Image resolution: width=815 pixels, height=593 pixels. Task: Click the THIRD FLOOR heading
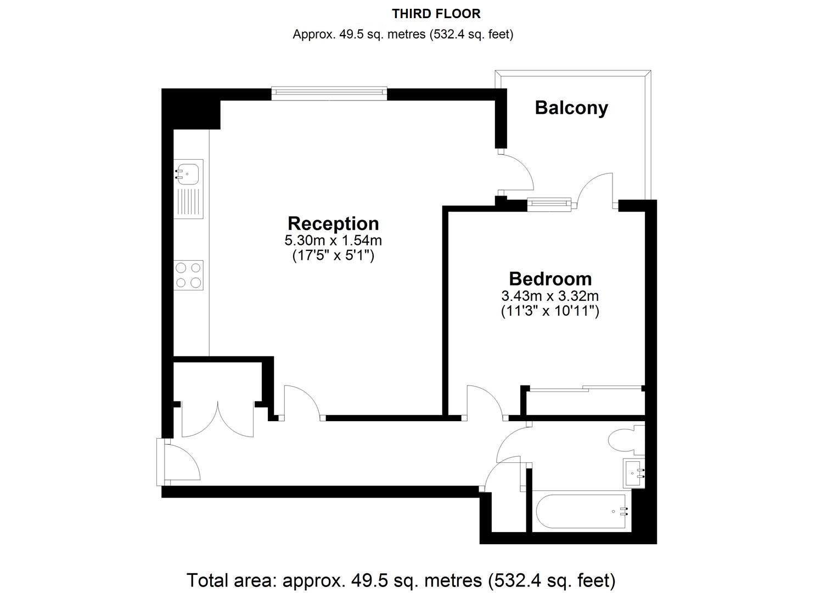(436, 14)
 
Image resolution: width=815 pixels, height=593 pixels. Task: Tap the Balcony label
(571, 108)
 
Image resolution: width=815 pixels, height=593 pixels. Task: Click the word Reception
(333, 223)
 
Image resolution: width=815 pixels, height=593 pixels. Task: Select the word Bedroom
(550, 279)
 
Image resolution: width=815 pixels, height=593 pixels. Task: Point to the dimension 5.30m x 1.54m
(333, 240)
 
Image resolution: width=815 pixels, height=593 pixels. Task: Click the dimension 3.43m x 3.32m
(550, 296)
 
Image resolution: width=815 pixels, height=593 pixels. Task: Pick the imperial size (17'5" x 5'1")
(333, 255)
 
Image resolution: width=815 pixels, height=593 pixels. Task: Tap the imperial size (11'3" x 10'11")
(550, 311)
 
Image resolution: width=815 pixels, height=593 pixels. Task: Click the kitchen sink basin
(187, 174)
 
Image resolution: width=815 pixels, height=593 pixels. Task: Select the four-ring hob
(188, 275)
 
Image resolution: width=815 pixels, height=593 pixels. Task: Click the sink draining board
(188, 203)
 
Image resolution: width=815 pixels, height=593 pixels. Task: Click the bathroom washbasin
(634, 473)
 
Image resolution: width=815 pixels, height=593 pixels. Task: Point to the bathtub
(581, 511)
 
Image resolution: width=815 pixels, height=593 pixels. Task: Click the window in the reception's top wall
(329, 93)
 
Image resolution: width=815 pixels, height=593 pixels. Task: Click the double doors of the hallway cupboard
(217, 419)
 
